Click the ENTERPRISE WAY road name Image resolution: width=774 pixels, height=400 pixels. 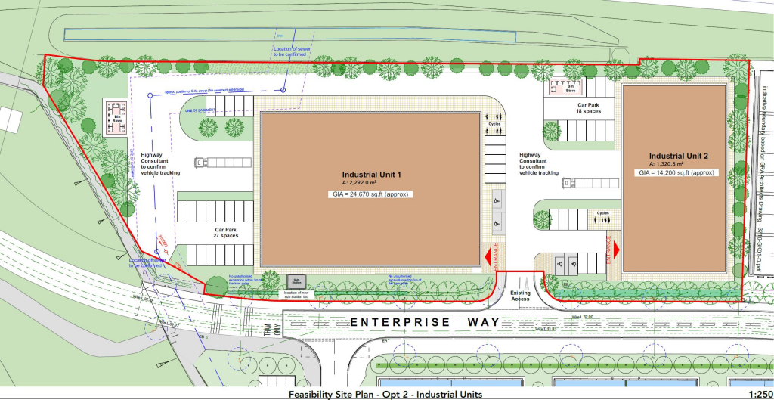pyautogui.click(x=426, y=322)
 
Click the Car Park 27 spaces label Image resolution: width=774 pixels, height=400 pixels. pyautogui.click(x=227, y=232)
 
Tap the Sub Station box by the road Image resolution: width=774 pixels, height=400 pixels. pyautogui.click(x=294, y=280)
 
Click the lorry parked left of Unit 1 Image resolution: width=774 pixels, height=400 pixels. pyautogui.click(x=222, y=161)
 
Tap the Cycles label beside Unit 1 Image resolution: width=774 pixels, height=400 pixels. pyautogui.click(x=494, y=123)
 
